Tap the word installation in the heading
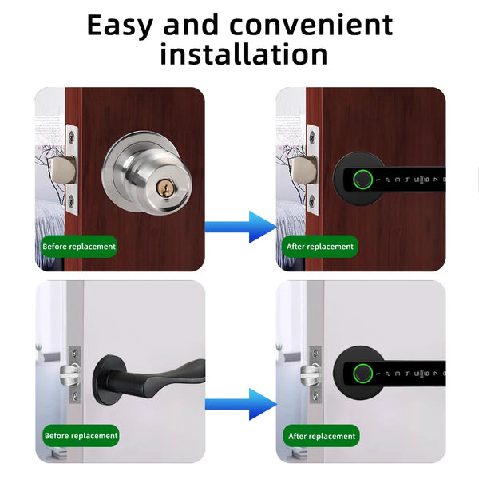pyautogui.click(x=243, y=54)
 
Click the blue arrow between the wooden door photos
pyautogui.click(x=239, y=227)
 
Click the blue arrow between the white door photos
pyautogui.click(x=239, y=403)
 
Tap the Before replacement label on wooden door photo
pyautogui.click(x=79, y=247)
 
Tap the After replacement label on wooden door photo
pyautogui.click(x=319, y=247)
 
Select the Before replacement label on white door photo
pyautogui.click(x=80, y=436)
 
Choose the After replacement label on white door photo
pyautogui.click(x=320, y=436)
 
